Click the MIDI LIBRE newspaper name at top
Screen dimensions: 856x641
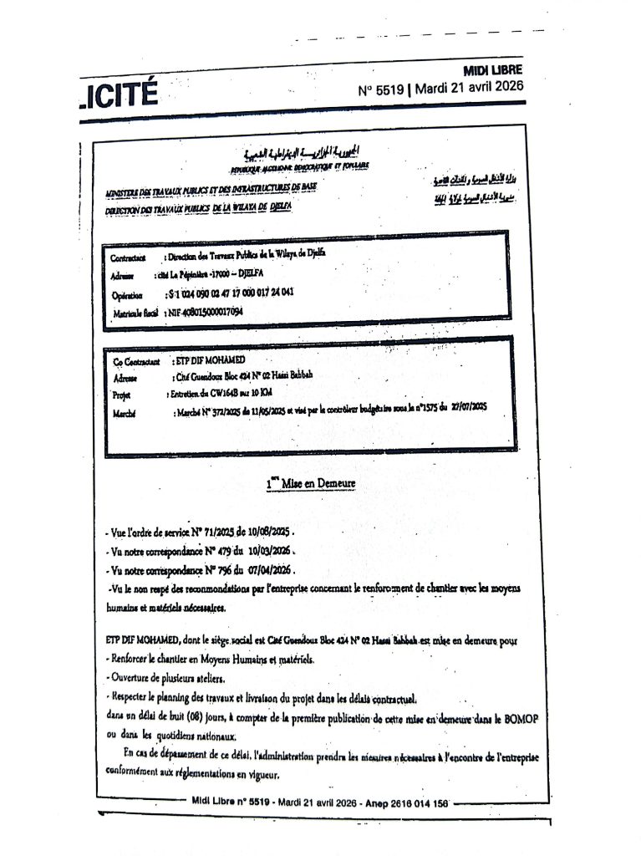[x=492, y=70]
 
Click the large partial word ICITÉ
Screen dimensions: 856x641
[x=116, y=93]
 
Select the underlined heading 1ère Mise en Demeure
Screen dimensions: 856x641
[x=311, y=483]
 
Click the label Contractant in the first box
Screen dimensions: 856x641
[x=129, y=257]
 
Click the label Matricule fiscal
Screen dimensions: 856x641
[x=135, y=313]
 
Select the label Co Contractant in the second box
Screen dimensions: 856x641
[x=135, y=362]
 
